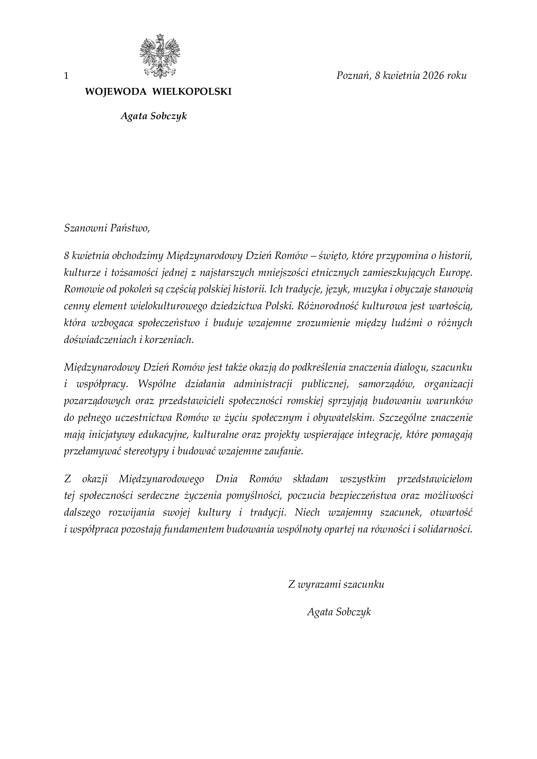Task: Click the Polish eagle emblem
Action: pos(160,56)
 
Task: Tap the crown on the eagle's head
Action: pos(160,36)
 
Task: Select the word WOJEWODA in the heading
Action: pos(116,92)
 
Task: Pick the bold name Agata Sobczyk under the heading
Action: pos(154,116)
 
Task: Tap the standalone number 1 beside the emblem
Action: pos(66,76)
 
